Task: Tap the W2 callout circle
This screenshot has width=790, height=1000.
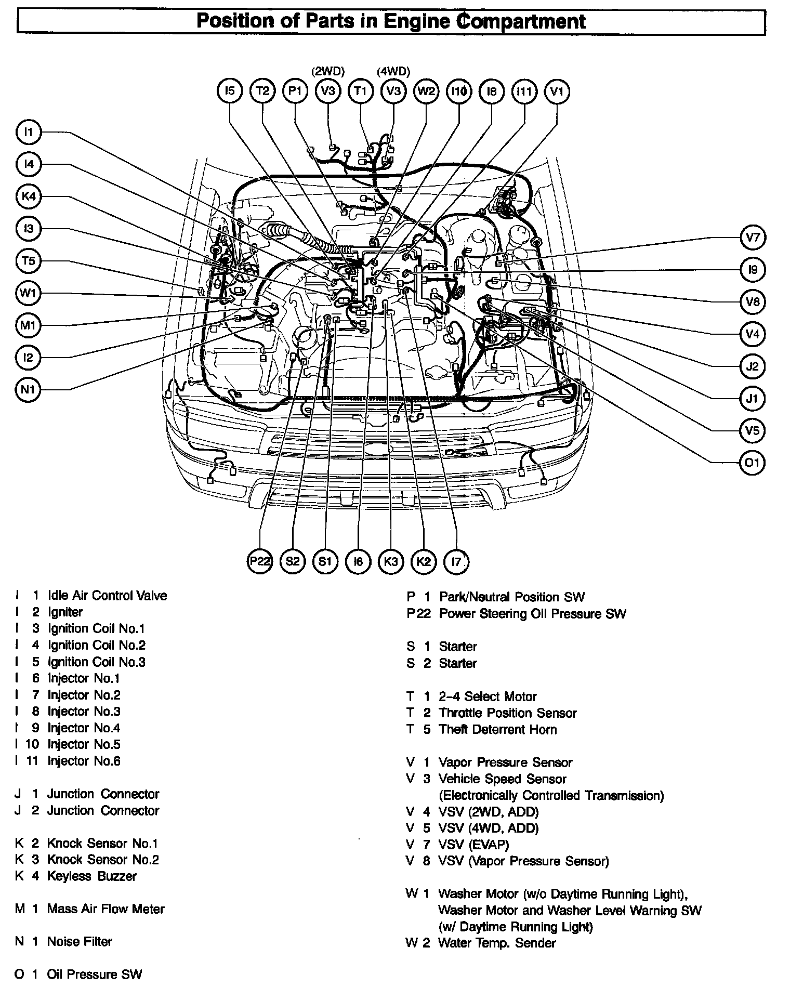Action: (x=426, y=91)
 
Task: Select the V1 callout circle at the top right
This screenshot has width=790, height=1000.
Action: (x=557, y=91)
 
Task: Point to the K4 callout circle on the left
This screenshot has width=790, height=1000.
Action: (x=29, y=196)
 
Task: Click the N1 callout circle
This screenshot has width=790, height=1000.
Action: (x=29, y=389)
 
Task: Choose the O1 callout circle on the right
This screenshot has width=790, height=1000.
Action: (x=752, y=462)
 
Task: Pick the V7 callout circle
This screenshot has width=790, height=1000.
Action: (x=752, y=238)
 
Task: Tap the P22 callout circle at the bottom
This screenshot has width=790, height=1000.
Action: (x=259, y=561)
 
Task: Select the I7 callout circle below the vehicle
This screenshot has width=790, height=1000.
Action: (x=456, y=561)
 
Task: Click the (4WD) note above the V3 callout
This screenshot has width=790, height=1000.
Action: (x=393, y=71)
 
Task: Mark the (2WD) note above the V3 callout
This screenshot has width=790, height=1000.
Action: (x=328, y=71)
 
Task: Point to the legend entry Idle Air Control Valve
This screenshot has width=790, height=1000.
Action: (x=107, y=596)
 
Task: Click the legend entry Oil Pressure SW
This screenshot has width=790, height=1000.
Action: (x=94, y=975)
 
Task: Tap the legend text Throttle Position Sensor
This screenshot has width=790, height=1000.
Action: (x=507, y=713)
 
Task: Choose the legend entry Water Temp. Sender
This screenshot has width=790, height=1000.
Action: (x=497, y=943)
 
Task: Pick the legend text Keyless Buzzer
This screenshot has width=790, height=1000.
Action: (x=91, y=876)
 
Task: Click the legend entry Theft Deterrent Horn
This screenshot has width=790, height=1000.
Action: (x=497, y=730)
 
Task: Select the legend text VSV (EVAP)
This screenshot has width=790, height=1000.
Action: (x=473, y=845)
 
